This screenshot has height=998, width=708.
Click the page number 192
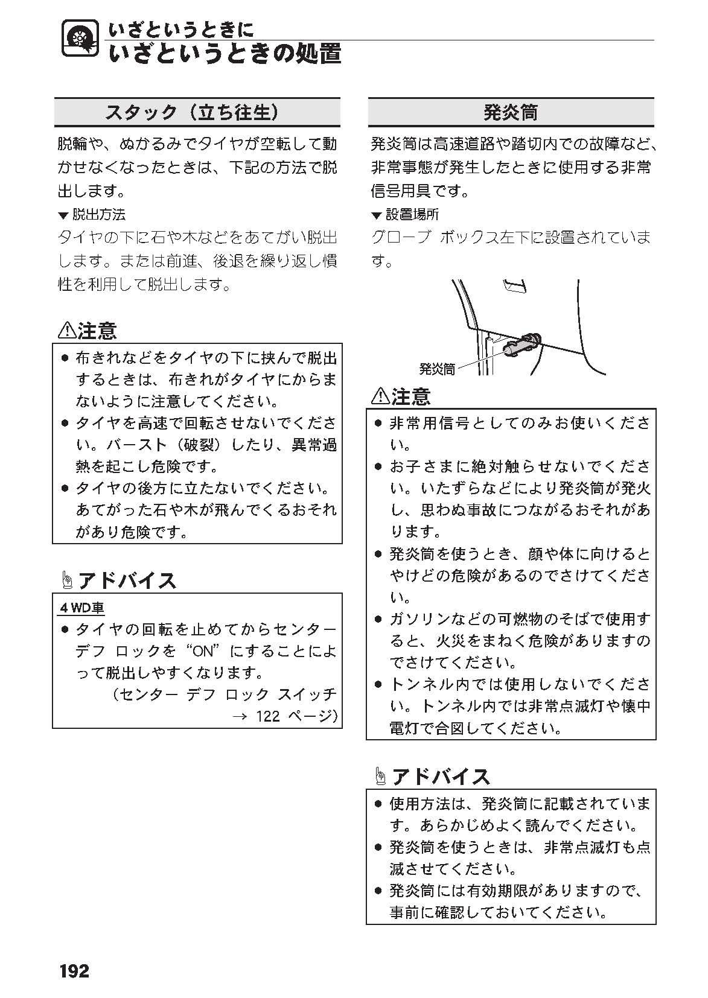click(x=74, y=971)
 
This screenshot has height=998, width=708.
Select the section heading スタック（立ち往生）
click(x=191, y=112)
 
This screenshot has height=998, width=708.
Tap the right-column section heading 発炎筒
click(x=511, y=112)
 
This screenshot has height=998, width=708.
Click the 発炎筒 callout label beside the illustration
click(x=437, y=369)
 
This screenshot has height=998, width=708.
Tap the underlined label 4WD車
click(x=82, y=608)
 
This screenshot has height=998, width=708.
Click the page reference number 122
click(x=268, y=716)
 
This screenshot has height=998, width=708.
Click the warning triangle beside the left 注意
click(x=66, y=331)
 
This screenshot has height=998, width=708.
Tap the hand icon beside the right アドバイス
click(x=380, y=777)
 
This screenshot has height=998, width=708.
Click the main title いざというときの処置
click(x=225, y=54)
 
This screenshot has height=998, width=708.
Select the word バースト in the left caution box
click(x=136, y=445)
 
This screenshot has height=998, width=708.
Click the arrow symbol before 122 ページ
click(x=240, y=717)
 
